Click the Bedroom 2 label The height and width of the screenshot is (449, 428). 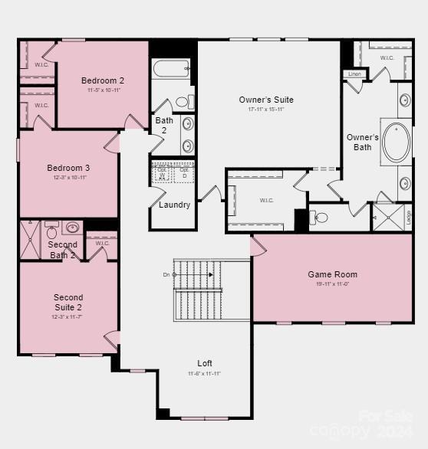(103, 80)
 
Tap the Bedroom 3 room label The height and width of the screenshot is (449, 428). (68, 168)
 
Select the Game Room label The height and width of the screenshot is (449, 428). (332, 274)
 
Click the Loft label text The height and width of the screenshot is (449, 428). (205, 363)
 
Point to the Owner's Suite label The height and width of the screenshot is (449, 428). (266, 100)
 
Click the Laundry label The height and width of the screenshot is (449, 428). (174, 205)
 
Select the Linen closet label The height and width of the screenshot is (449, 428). (354, 74)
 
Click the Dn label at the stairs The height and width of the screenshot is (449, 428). (166, 274)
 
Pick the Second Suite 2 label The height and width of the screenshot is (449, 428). (68, 302)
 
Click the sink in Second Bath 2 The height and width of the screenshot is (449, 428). (74, 228)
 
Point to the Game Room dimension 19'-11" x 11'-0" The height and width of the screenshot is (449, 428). (332, 284)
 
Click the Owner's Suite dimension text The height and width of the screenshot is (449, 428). (266, 110)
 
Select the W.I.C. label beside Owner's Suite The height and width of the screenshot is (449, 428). (267, 201)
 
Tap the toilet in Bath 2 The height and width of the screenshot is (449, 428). (183, 101)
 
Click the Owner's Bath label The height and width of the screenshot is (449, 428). (362, 143)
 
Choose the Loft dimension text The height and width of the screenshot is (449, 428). (205, 373)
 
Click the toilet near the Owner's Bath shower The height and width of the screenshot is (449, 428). (321, 218)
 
